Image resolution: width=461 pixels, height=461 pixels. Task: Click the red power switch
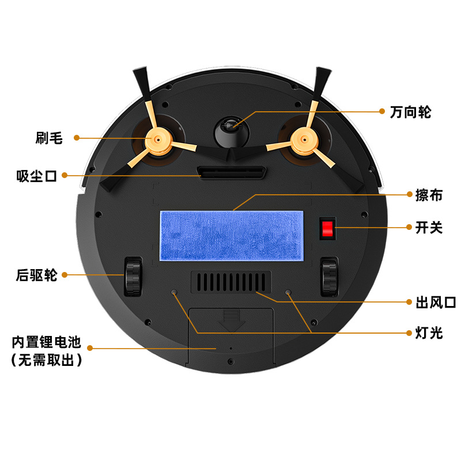[327, 228]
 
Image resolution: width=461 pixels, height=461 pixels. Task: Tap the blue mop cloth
[232, 236]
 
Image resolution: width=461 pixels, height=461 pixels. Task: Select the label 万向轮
[410, 112]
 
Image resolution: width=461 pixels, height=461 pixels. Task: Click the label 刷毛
[49, 138]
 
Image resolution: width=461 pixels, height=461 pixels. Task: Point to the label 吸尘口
[36, 176]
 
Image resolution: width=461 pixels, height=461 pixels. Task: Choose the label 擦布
[429, 195]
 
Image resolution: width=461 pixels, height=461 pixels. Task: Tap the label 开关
[429, 228]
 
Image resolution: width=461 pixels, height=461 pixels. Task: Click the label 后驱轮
[36, 275]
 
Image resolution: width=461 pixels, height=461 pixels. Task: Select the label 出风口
[436, 302]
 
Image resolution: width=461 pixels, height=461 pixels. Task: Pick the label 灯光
[429, 333]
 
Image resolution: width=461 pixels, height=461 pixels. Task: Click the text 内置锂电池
[47, 342]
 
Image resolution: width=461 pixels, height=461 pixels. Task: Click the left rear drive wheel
[133, 277]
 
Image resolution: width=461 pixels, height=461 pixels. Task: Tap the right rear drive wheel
[329, 277]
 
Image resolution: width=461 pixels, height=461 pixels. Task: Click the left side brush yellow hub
[158, 140]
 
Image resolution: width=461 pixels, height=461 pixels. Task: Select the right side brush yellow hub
[304, 140]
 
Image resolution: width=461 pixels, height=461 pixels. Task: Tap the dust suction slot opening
[232, 172]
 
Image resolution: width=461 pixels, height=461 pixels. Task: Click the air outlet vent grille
[231, 282]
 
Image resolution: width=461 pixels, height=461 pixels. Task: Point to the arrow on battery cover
[232, 320]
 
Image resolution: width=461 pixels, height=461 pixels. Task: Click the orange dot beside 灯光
[409, 333]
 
